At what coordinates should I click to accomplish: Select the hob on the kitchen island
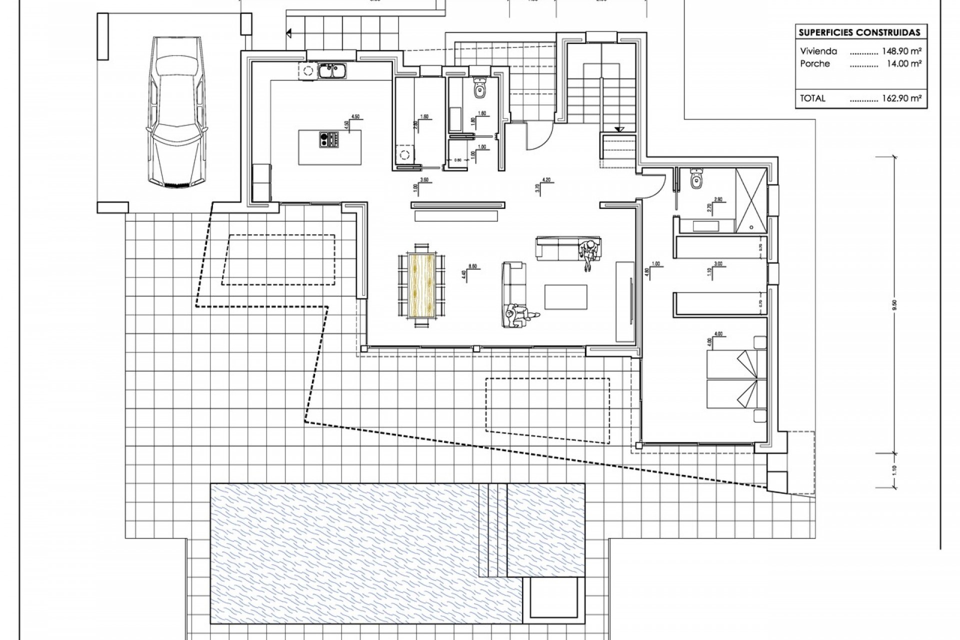(x=329, y=139)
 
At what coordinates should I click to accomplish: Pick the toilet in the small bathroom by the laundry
(x=480, y=89)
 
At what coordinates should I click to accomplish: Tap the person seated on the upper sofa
(x=590, y=252)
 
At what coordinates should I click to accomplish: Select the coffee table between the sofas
(x=566, y=297)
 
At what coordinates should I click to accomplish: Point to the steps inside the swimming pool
(x=492, y=530)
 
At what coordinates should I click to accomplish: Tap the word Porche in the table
(x=814, y=63)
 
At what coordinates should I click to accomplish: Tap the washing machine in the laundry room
(x=404, y=154)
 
